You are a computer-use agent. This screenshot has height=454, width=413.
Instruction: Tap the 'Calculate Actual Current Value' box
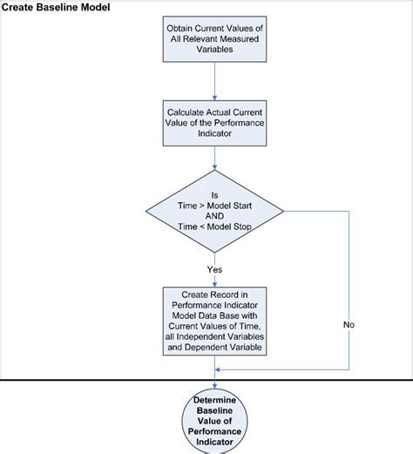213,125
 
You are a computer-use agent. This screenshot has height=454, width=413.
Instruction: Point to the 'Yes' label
214,269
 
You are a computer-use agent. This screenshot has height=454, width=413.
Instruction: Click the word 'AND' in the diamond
214,215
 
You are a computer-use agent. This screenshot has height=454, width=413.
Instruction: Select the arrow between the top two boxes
214,80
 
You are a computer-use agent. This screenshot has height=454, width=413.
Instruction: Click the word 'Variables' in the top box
213,50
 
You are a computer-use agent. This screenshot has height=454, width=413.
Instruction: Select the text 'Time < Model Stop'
214,227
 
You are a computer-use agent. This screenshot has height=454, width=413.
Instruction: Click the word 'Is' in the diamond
214,194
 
